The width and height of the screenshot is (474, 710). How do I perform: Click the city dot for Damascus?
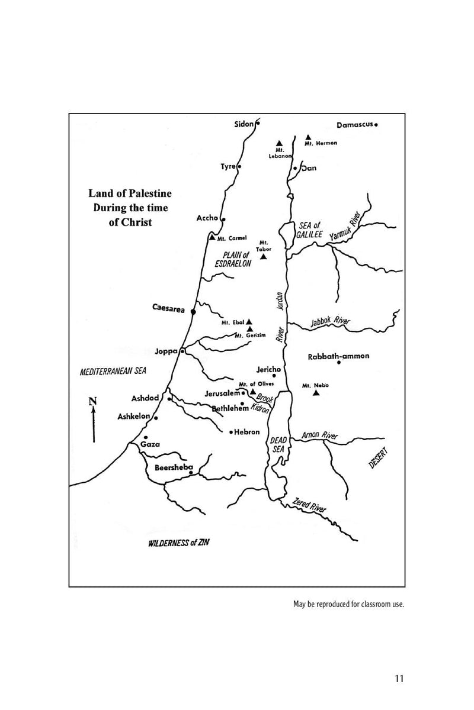(x=376, y=125)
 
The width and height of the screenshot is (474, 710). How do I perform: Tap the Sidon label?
(x=244, y=124)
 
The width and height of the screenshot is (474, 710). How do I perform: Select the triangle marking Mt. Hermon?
(x=308, y=137)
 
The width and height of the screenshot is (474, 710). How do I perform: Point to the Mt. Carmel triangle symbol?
(x=212, y=237)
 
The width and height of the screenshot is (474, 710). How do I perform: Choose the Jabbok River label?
(x=331, y=322)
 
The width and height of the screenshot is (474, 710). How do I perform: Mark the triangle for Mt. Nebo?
(x=316, y=393)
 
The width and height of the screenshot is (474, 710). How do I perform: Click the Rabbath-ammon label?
(x=338, y=356)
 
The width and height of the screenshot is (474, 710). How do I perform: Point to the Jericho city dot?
(x=274, y=376)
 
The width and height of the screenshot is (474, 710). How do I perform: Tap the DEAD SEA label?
(x=278, y=445)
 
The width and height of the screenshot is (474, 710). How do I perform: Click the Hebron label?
(x=247, y=433)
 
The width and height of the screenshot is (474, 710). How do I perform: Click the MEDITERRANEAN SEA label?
(x=113, y=371)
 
